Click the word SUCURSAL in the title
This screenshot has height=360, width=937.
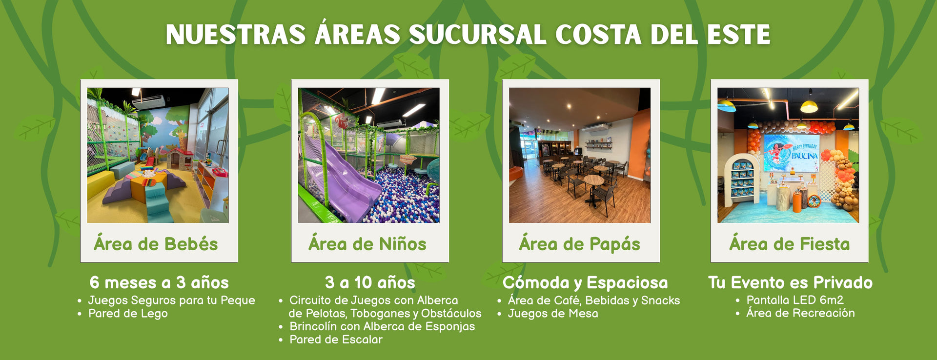tap(477, 35)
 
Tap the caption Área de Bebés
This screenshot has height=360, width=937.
tap(156, 244)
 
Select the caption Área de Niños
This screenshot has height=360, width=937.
tap(367, 244)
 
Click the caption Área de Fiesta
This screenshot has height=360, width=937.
tap(789, 244)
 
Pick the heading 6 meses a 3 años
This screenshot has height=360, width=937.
tap(159, 282)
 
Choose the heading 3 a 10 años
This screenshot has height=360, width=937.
tap(370, 282)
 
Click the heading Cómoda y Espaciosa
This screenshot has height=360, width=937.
tap(585, 283)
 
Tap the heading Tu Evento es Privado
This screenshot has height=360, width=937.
tap(790, 282)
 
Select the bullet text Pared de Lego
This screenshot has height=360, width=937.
tap(128, 314)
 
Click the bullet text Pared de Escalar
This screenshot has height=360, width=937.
tap(336, 340)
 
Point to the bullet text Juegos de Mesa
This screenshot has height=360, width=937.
tap(553, 314)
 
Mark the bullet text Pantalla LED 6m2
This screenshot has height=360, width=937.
tap(795, 300)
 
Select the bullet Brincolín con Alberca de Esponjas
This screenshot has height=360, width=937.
tap(382, 327)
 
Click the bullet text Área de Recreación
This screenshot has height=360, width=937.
tap(800, 313)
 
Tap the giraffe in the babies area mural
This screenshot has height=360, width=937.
tap(182, 139)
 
